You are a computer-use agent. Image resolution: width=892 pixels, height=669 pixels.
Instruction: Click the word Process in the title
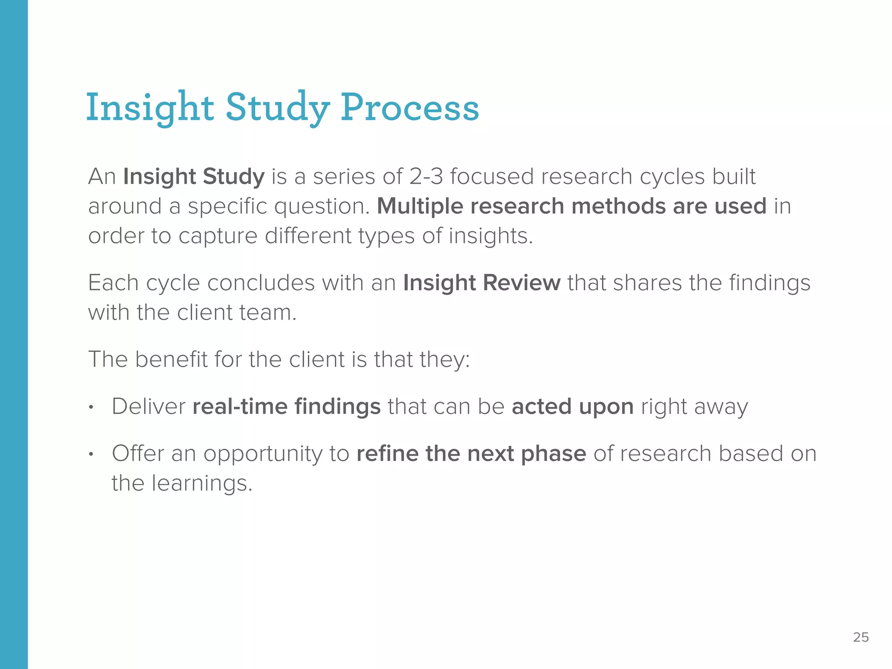(x=409, y=107)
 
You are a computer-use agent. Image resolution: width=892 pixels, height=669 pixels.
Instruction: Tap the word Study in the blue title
(x=277, y=107)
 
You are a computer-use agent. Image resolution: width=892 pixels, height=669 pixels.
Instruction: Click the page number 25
(x=861, y=637)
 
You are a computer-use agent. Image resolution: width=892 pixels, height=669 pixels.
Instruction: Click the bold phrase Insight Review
(x=481, y=283)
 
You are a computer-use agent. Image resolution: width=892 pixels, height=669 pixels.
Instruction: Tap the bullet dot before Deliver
(x=91, y=408)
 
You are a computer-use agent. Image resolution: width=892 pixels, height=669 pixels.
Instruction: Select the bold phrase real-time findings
(x=286, y=406)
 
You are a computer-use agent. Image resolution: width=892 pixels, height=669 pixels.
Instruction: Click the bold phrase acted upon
(x=572, y=406)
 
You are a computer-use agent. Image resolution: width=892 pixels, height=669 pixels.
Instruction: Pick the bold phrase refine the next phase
(x=471, y=453)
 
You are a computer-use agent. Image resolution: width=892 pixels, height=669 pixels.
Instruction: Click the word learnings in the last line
(x=202, y=483)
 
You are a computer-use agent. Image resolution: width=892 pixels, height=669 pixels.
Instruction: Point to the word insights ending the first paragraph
(x=490, y=236)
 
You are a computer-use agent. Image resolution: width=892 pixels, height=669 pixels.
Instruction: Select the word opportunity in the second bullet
(x=263, y=454)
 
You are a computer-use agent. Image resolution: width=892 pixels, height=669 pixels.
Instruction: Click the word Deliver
(x=149, y=406)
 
